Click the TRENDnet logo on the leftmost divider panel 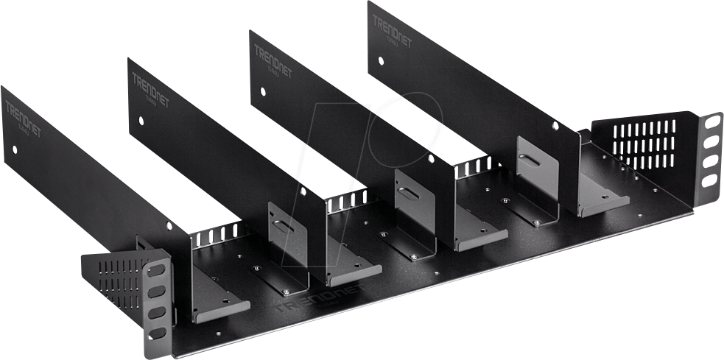click(x=23, y=117)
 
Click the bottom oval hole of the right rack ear click(x=709, y=179)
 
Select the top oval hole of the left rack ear click(x=155, y=270)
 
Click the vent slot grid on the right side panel click(x=643, y=144)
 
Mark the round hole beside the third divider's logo click(x=262, y=93)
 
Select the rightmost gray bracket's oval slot click(x=529, y=159)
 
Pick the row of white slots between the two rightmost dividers click(x=471, y=169)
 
